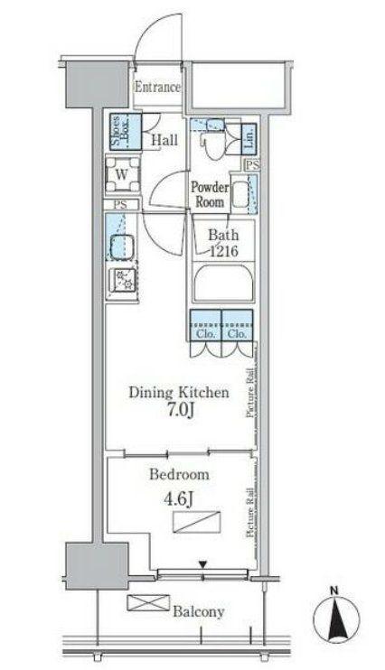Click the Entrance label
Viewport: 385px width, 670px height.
tap(157, 88)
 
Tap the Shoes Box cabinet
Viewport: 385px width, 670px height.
tap(126, 132)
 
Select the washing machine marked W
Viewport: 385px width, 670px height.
tap(123, 174)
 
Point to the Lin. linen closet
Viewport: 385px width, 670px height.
tap(249, 138)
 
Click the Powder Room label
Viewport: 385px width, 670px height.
tap(210, 194)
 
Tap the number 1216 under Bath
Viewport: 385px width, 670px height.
tap(223, 251)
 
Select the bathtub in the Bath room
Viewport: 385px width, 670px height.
tap(223, 284)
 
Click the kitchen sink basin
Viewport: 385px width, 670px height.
tap(122, 247)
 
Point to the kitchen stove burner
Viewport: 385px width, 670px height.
tap(122, 281)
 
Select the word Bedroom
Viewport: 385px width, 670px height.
tap(179, 474)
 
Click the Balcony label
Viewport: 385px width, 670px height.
tap(199, 612)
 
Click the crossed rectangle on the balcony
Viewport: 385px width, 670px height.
tap(148, 602)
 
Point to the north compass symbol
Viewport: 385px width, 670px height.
tap(336, 617)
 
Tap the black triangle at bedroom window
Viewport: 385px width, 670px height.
tap(202, 565)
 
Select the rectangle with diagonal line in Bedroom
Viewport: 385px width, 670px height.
tap(197, 522)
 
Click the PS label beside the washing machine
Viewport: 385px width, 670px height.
tap(120, 205)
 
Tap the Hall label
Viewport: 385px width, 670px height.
tap(164, 140)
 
